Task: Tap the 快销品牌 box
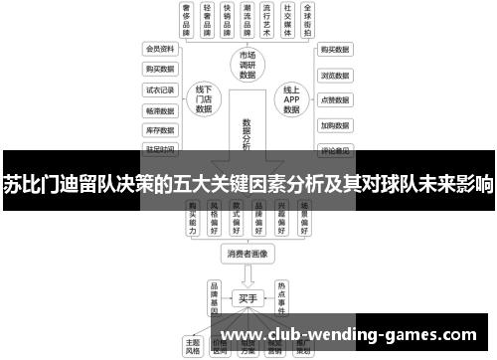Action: tap(231, 19)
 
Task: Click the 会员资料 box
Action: tap(160, 48)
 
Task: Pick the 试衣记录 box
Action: tap(160, 89)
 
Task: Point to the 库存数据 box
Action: tap(160, 129)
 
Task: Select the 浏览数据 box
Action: tap(334, 74)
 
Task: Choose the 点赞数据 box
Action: tap(334, 99)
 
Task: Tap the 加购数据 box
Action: tap(334, 125)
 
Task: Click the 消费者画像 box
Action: tap(248, 253)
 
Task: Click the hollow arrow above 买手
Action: tap(248, 274)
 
